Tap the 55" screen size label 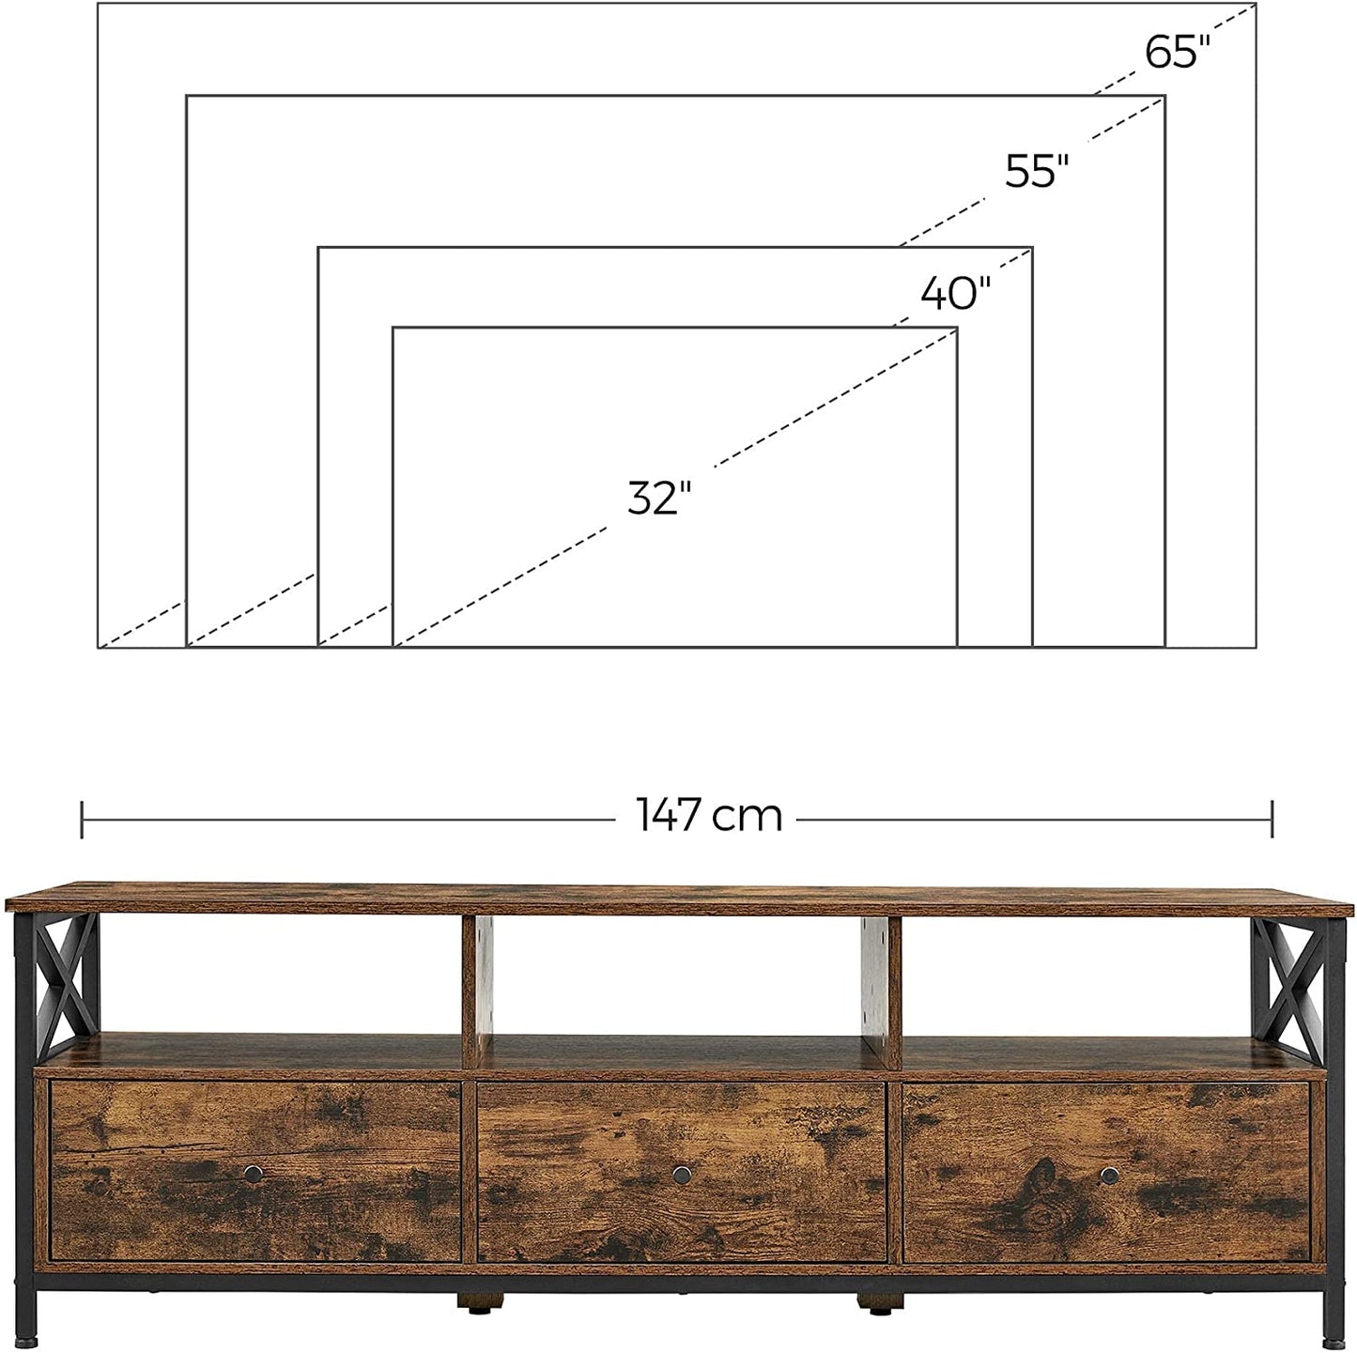pos(1038,171)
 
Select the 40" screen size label pos(955,294)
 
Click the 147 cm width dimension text pos(710,815)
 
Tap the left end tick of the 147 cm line pos(83,819)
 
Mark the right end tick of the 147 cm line pos(1272,819)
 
